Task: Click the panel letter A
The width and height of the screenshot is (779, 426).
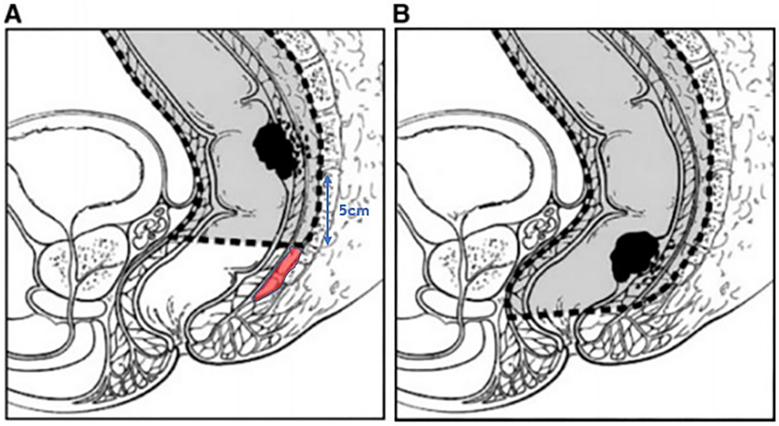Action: (13, 14)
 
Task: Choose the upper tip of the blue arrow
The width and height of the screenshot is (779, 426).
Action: (328, 175)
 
